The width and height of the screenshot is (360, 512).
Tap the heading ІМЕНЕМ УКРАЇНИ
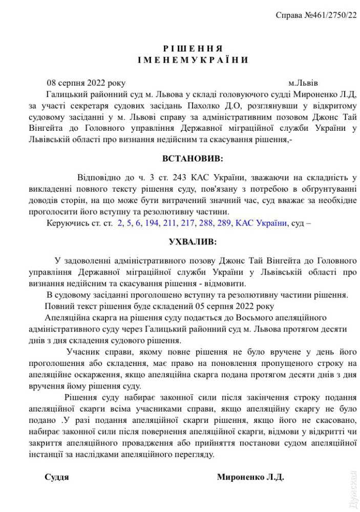pos(193,60)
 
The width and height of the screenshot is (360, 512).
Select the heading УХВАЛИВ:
pos(193,241)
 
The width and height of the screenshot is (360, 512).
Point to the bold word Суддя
pos(57,477)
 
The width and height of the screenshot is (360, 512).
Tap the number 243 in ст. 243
pos(178,178)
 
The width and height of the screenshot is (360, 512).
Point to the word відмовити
pos(225,283)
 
